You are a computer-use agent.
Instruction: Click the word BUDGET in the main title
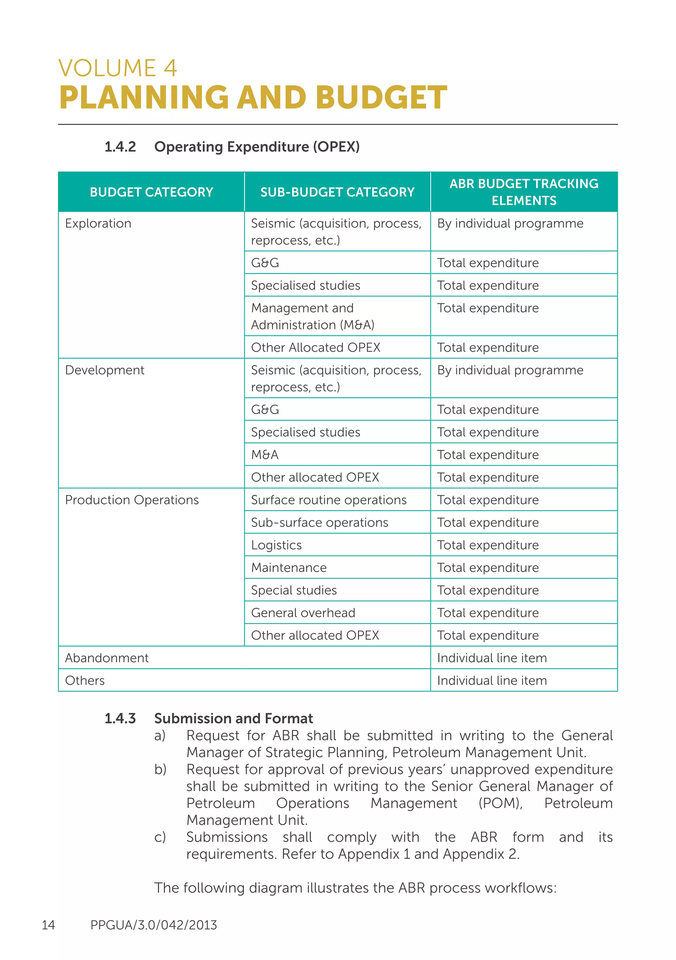pyautogui.click(x=381, y=97)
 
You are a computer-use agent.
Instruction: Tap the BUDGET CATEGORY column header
pyautogui.click(x=151, y=192)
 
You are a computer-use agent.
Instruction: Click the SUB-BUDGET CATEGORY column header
pyautogui.click(x=337, y=192)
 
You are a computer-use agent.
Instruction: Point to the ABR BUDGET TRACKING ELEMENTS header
pyautogui.click(x=524, y=192)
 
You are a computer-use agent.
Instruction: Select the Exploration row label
pyautogui.click(x=98, y=223)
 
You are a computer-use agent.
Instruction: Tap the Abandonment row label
pyautogui.click(x=107, y=658)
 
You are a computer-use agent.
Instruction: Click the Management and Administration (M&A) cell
pyautogui.click(x=313, y=316)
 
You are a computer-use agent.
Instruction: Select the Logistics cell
pyautogui.click(x=276, y=545)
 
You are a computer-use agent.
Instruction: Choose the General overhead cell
pyautogui.click(x=303, y=612)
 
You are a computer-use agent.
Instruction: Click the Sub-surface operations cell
pyautogui.click(x=319, y=522)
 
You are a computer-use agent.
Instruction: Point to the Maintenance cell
pyautogui.click(x=289, y=568)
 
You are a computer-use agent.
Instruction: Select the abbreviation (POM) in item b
pyautogui.click(x=500, y=803)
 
